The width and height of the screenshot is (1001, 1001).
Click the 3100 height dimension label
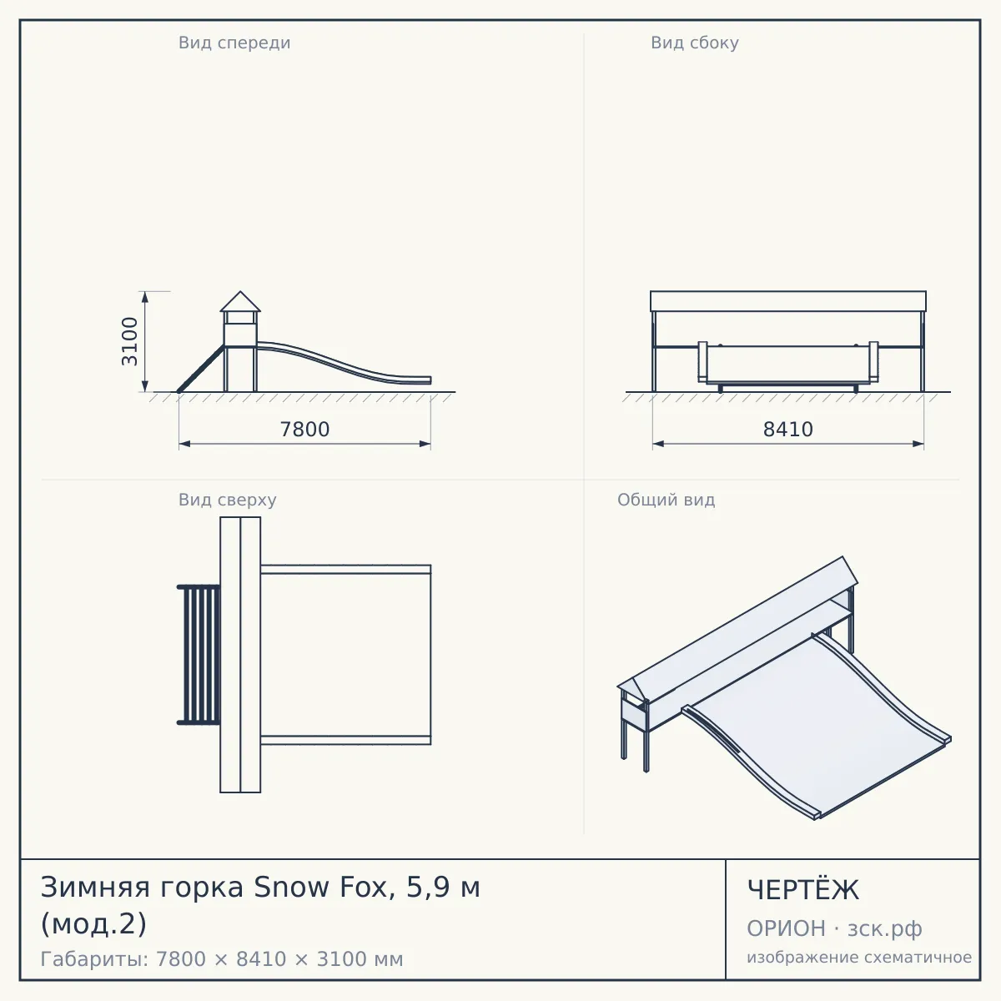pyautogui.click(x=130, y=341)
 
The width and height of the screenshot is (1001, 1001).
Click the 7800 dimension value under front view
pyautogui.click(x=305, y=430)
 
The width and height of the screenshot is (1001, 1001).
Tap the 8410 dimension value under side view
pyautogui.click(x=788, y=430)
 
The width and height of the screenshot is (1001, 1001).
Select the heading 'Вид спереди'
pyautogui.click(x=234, y=43)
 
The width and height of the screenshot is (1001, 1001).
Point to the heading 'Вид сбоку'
pyautogui.click(x=695, y=43)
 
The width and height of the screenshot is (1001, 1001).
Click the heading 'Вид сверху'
pyautogui.click(x=228, y=500)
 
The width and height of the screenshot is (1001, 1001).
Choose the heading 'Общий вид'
pyautogui.click(x=666, y=500)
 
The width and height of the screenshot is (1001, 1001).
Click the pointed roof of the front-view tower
pyautogui.click(x=240, y=302)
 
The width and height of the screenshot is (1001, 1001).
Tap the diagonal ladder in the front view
pyautogui.click(x=201, y=369)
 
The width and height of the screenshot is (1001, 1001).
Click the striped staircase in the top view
pyautogui.click(x=199, y=655)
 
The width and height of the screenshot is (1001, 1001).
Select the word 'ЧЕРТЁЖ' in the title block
pyautogui.click(x=803, y=890)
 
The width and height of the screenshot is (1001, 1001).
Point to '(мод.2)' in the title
pyautogui.click(x=93, y=924)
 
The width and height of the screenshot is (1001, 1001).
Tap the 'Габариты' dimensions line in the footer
pyautogui.click(x=222, y=959)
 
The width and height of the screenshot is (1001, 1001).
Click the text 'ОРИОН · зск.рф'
pyautogui.click(x=834, y=928)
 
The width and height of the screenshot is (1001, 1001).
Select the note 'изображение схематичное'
pyautogui.click(x=859, y=957)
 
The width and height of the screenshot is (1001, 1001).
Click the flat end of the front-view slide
pyautogui.click(x=415, y=380)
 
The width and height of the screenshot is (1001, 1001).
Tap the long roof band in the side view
pyautogui.click(x=788, y=301)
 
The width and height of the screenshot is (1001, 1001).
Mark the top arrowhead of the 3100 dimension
pyautogui.click(x=145, y=297)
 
